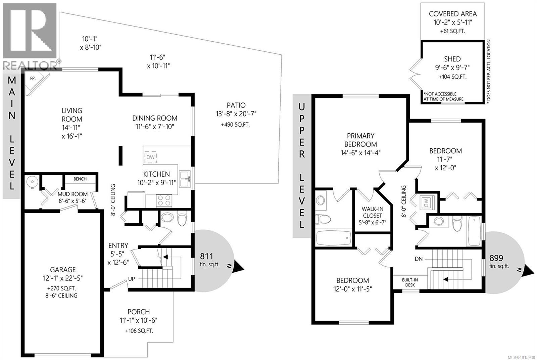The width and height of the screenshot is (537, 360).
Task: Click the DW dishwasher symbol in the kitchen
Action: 151,157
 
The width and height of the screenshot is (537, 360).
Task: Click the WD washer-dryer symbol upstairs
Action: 426,203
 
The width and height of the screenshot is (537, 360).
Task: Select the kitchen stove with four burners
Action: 164,200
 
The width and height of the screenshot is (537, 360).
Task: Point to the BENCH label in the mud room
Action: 80,179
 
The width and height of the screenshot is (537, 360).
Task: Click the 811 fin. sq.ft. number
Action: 207,257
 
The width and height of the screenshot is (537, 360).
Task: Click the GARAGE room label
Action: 63,270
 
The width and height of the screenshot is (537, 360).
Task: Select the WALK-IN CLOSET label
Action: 372,212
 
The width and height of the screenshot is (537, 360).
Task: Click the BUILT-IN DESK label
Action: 410,282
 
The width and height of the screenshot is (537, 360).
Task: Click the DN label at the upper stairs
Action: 419,259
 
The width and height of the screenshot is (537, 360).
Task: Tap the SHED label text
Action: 452,59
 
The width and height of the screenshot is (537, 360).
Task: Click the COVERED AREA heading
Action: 452,14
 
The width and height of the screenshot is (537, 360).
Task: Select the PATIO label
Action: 236,105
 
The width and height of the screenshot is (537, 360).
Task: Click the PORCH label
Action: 139,312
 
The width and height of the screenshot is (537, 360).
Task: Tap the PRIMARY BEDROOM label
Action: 360,140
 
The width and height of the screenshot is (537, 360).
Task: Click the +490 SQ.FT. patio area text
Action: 235,125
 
